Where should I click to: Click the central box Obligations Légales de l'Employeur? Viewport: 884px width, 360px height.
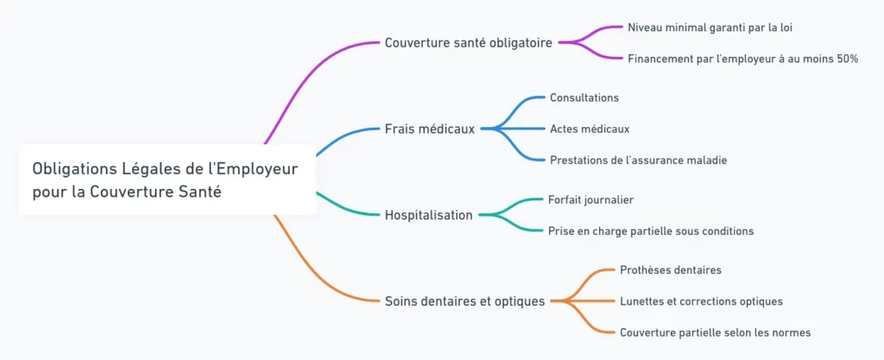166,180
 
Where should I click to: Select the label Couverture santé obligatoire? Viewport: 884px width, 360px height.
468,42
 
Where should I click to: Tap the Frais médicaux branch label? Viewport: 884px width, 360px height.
429,129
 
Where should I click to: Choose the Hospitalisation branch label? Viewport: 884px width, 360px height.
428,215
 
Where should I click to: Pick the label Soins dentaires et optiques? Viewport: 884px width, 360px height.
464,301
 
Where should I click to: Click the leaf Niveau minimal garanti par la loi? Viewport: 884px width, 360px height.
710,27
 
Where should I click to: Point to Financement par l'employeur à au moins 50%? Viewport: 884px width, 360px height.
742,58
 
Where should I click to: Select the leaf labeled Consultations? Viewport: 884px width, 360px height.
584,98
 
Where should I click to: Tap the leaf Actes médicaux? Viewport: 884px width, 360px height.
589,129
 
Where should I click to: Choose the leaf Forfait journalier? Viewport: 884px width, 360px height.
590,199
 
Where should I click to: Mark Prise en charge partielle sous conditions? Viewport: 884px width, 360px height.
651,231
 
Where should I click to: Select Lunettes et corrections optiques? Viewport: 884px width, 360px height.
701,301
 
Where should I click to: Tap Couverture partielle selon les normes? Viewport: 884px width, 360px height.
715,332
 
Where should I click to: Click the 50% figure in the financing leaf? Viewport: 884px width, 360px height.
845,58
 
